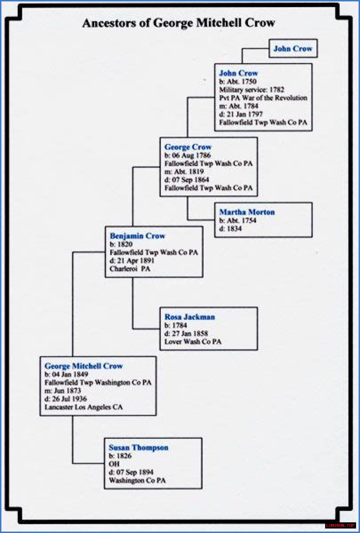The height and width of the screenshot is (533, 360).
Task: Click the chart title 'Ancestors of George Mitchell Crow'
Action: pyautogui.click(x=179, y=23)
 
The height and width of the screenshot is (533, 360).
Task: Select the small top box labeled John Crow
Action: pyautogui.click(x=293, y=49)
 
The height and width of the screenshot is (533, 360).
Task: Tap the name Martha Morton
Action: pyautogui.click(x=247, y=212)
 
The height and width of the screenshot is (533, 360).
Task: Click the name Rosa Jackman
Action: pyautogui.click(x=190, y=317)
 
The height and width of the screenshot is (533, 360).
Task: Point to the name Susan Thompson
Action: pyautogui.click(x=138, y=448)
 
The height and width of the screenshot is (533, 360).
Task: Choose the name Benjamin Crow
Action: pyautogui.click(x=137, y=236)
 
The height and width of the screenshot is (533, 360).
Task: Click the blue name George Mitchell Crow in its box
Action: pyautogui.click(x=84, y=366)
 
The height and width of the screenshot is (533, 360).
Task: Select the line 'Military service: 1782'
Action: pyautogui.click(x=252, y=90)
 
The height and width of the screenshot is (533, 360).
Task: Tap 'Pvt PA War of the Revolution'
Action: pyautogui.click(x=263, y=98)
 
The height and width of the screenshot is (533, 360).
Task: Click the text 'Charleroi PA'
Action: pyautogui.click(x=130, y=269)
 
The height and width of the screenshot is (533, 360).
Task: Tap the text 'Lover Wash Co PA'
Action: pyautogui.click(x=193, y=342)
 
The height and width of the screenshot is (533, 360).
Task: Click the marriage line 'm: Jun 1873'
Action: pyautogui.click(x=63, y=391)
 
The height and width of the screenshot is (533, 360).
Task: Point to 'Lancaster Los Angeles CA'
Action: pyautogui.click(x=84, y=407)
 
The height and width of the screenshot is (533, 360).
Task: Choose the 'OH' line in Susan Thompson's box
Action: pyautogui.click(x=114, y=464)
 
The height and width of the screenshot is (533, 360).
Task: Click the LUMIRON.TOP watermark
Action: pyautogui.click(x=340, y=525)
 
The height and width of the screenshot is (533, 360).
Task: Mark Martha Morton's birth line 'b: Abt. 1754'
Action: pyautogui.click(x=238, y=220)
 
